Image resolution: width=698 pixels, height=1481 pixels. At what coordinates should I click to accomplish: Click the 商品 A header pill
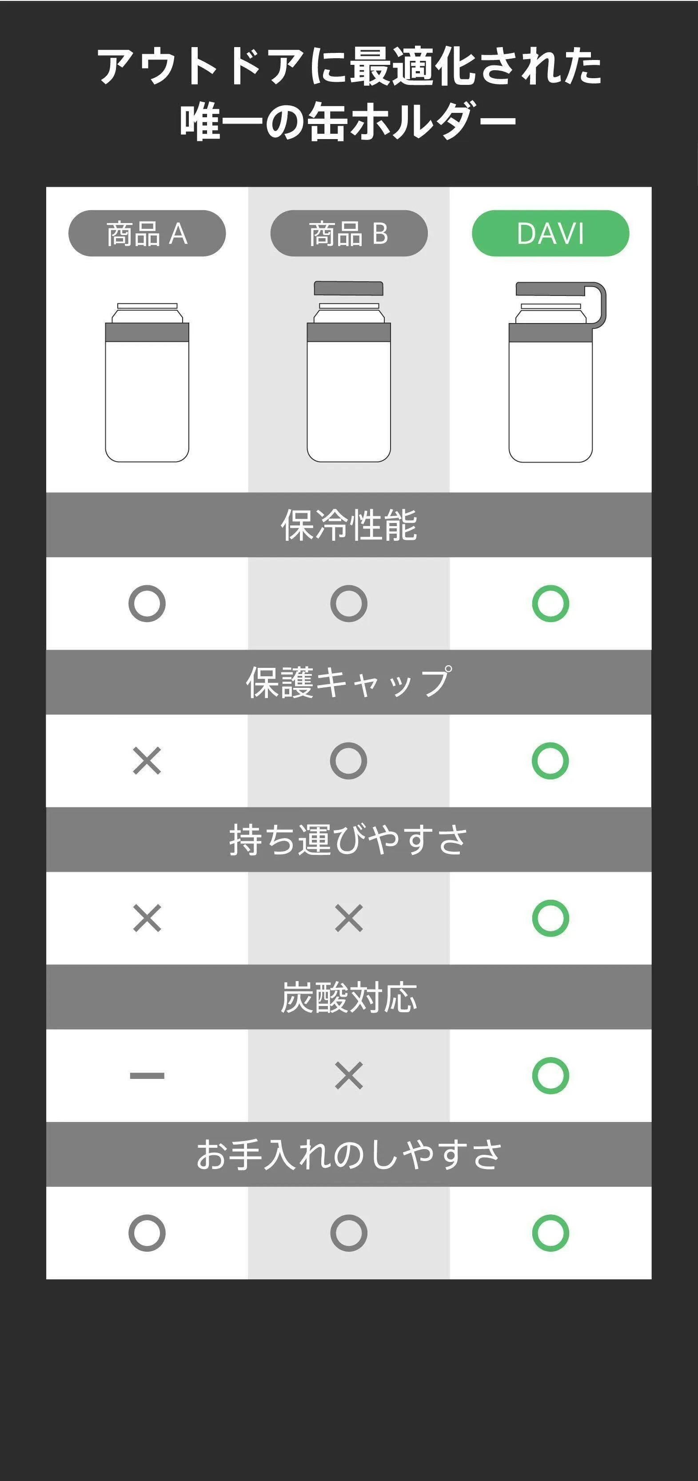tap(147, 233)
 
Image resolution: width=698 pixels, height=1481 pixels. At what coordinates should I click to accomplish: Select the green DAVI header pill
tap(550, 233)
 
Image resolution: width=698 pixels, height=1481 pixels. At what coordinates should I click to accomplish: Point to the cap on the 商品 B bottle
tap(348, 288)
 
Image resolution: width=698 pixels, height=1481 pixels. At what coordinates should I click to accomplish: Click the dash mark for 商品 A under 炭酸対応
tap(147, 1075)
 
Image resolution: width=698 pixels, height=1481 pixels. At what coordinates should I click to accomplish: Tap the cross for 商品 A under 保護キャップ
tap(147, 761)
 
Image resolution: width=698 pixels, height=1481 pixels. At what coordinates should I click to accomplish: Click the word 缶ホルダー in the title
tap(412, 121)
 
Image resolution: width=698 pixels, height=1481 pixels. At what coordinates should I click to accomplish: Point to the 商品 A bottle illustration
tap(147, 382)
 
